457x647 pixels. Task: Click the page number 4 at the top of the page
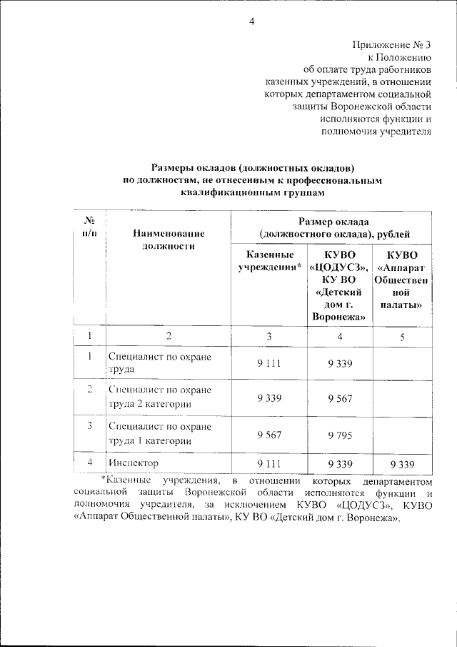pyautogui.click(x=251, y=21)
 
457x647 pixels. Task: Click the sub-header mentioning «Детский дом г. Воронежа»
pyautogui.click(x=340, y=286)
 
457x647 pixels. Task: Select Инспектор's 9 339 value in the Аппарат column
pyautogui.click(x=403, y=464)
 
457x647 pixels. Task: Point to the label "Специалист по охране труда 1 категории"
pyautogui.click(x=160, y=433)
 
